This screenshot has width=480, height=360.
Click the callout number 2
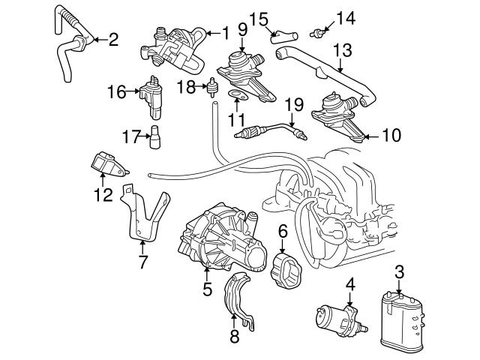click(113, 39)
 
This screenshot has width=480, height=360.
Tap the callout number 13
click(342, 49)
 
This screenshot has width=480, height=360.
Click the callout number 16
click(116, 93)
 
